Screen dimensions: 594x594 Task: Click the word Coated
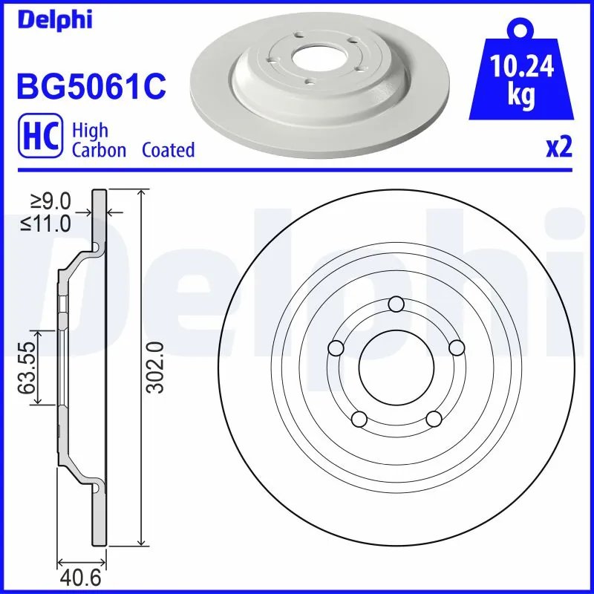pos(168,150)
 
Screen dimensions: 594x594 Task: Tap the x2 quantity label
pos(558,148)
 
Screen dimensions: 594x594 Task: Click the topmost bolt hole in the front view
pos(396,303)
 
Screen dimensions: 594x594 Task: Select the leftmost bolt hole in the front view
pos(336,347)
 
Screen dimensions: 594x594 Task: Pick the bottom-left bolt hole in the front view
pos(359,419)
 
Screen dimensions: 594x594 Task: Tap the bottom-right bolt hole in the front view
pos(434,419)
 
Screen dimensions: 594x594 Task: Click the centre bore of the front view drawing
pos(396,366)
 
